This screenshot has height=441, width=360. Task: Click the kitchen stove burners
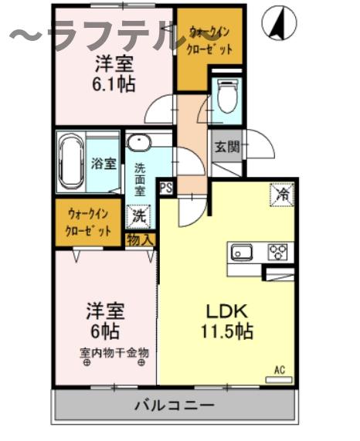coord(277,252)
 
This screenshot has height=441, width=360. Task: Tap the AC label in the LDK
coord(279,371)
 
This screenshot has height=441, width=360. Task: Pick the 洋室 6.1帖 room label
coord(115,73)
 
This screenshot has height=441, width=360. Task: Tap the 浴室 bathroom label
coord(104,164)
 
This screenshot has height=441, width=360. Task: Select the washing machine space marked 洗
coord(139,215)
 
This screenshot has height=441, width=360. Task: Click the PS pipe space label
coord(165,187)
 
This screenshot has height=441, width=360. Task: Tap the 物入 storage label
coord(141,240)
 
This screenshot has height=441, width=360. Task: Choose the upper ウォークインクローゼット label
coord(210,39)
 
